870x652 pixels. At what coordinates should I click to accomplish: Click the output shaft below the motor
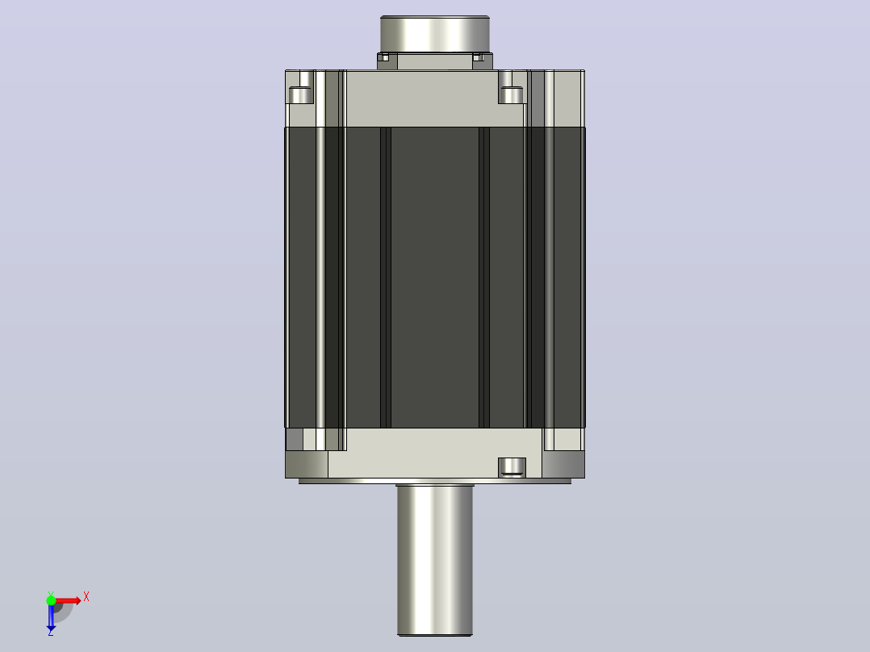pos(435,560)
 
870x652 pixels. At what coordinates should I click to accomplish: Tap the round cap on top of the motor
pos(435,35)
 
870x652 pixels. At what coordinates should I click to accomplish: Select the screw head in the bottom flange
pos(512,466)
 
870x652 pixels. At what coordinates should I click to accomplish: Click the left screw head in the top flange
pos(301,95)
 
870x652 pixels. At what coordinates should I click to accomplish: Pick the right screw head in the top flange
pos(511,95)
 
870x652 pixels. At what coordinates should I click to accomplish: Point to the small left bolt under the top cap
pos(383,57)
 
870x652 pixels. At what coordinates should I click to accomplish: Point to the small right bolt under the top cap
pos(479,57)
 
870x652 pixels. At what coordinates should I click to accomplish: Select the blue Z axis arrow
pos(51,617)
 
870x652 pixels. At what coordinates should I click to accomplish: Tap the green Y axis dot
pos(51,600)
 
